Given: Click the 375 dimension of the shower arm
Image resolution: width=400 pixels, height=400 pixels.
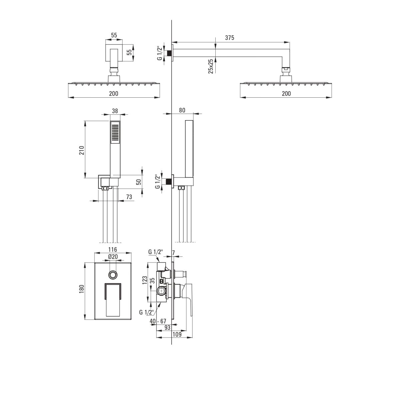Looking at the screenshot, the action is click(230, 38).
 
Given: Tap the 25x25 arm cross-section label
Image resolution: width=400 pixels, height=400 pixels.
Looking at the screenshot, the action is click(211, 66).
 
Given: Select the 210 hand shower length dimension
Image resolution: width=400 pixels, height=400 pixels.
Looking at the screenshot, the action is click(82, 150).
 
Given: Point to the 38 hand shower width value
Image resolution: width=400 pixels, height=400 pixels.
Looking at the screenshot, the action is click(115, 111).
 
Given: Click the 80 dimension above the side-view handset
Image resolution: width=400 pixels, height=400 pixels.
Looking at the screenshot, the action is click(182, 110).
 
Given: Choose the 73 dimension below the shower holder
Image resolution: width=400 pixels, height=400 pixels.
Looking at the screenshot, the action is click(129, 197).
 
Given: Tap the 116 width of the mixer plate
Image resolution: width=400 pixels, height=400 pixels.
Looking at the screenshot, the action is click(113, 249).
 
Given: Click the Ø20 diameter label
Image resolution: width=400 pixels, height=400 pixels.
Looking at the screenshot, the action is click(113, 257).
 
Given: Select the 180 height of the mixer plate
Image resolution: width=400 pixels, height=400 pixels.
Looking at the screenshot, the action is click(82, 289).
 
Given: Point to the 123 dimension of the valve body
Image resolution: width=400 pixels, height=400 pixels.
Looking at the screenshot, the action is click(145, 280).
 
